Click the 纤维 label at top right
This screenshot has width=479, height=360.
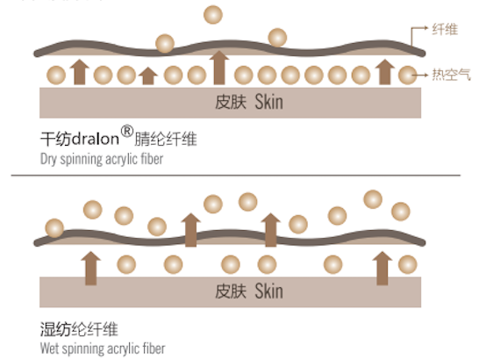(445, 30)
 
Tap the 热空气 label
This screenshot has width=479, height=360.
(451, 75)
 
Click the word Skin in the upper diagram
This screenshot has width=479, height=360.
(268, 102)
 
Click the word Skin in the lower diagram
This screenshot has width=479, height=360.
(268, 291)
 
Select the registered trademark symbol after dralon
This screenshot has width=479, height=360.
(127, 131)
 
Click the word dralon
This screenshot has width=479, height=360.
(96, 139)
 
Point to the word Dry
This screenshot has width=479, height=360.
(48, 159)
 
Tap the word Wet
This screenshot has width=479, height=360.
(49, 349)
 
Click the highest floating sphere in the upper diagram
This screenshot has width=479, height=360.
(213, 15)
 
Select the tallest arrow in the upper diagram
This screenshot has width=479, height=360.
(219, 68)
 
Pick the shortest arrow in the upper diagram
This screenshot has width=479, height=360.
(148, 76)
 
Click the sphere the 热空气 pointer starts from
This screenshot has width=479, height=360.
(408, 75)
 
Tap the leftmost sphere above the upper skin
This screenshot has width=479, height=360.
(56, 75)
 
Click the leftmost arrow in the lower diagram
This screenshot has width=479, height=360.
(90, 268)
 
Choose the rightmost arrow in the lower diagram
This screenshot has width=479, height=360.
(382, 268)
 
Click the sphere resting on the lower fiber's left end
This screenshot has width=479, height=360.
(54, 228)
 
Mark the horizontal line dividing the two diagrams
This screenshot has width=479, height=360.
(235, 176)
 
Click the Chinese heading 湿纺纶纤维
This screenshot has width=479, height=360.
(79, 329)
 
